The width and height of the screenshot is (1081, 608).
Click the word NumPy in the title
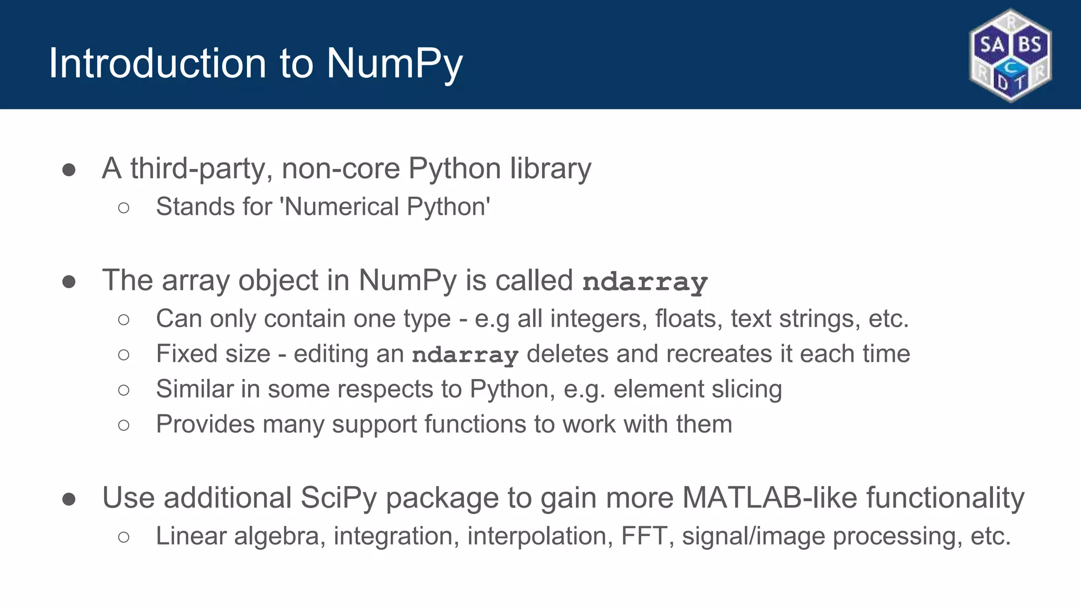coord(394,64)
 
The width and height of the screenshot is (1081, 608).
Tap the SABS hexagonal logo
coord(1010,55)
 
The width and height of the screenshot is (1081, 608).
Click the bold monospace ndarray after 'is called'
coord(644,282)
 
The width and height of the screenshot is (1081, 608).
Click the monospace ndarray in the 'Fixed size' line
coord(465,355)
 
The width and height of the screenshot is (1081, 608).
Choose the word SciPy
coord(338,498)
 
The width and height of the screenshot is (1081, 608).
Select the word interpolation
coord(539,536)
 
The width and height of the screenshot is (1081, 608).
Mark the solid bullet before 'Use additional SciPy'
coord(69,499)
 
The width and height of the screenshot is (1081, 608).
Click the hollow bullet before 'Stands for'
coord(124,207)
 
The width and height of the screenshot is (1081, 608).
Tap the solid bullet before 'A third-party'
coord(69,170)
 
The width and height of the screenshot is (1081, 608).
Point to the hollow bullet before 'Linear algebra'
coord(124,537)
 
